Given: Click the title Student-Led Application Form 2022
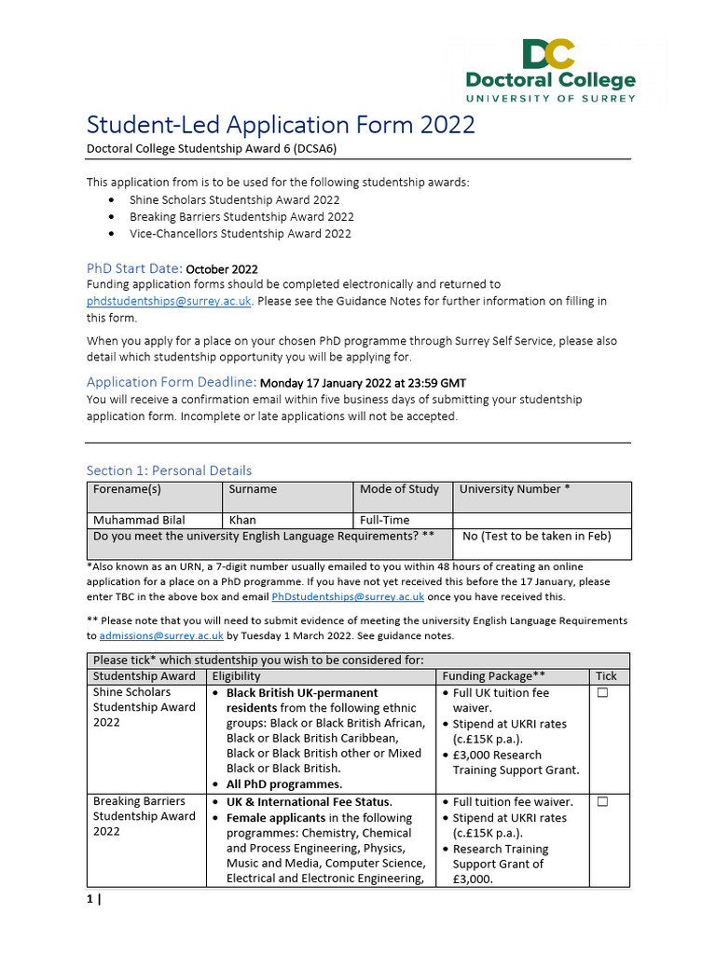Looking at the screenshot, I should coord(281,125).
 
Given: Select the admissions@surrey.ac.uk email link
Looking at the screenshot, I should coord(161,636).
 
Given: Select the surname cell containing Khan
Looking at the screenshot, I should coord(241,520).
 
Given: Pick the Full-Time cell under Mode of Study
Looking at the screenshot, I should coord(384,520).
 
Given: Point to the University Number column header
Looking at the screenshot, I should coord(515,489).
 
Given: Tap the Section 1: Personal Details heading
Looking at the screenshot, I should coord(169,470).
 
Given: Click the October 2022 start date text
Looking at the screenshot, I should coord(222,269).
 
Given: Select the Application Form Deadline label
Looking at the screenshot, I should coord(172,382).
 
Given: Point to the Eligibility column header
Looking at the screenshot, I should coord(236,676).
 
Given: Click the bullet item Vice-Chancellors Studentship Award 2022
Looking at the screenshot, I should coord(241,234).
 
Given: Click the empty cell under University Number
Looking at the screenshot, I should coord(542,520).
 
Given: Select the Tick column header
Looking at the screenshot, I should coord(606,676).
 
